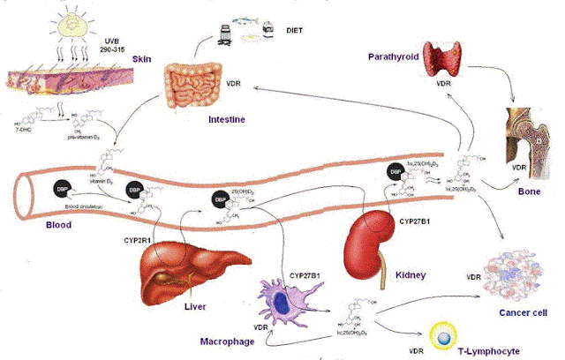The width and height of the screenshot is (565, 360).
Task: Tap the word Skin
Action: click(x=144, y=59)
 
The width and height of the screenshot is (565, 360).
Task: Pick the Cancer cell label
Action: click(x=524, y=313)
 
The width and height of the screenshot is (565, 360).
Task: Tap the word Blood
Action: click(x=33, y=225)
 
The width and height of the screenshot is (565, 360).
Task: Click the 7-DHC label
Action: click(x=19, y=130)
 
